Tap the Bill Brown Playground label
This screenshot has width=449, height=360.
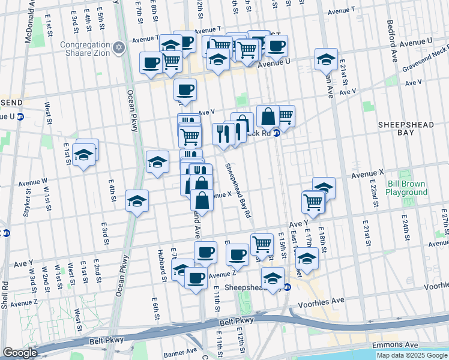click(x=406, y=188)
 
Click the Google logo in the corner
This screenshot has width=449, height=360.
click(x=20, y=353)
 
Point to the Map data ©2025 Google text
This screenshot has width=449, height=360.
click(x=411, y=355)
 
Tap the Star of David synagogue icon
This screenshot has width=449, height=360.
click(x=119, y=47)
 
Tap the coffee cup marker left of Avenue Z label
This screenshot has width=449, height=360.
click(x=196, y=278)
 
